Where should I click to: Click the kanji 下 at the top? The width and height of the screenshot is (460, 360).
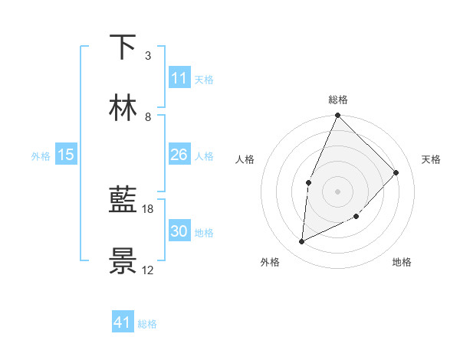tap(123, 47)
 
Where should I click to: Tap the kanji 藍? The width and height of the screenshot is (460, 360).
tap(123, 201)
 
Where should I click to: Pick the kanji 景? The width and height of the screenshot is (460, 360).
tap(123, 261)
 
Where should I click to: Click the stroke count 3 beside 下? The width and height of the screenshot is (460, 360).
tap(147, 56)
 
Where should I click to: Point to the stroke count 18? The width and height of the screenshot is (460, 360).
tap(148, 209)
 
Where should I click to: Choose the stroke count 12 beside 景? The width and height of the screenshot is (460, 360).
tap(148, 270)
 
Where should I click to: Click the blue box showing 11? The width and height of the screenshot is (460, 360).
tap(179, 78)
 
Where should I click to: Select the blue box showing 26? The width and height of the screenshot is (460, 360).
tap(179, 155)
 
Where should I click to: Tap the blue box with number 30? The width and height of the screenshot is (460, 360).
tap(179, 231)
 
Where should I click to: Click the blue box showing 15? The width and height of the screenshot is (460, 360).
tap(66, 155)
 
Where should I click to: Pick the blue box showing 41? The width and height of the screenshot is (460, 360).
tap(122, 322)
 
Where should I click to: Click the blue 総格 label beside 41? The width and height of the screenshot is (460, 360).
tap(147, 324)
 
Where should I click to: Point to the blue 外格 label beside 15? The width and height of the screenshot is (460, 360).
tap(41, 156)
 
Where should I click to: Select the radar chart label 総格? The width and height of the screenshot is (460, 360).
tap(338, 100)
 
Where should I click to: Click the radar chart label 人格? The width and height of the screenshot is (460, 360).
tap(245, 159)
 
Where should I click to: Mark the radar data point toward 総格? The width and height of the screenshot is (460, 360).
tap(337, 116)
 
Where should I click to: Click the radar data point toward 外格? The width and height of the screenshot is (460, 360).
tap(302, 242)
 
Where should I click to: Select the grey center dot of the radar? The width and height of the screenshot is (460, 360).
tap(337, 191)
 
